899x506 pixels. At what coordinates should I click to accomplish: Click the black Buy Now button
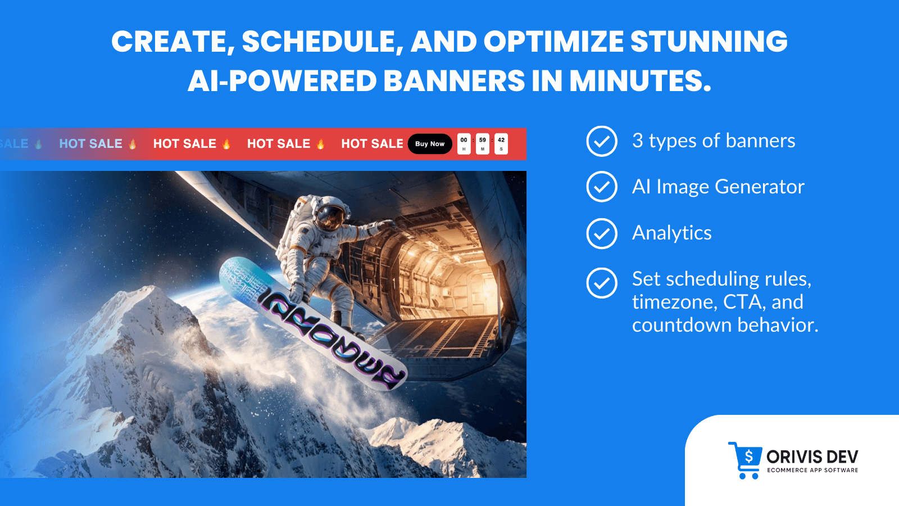[430, 144]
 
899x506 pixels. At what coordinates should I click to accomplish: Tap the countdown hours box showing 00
[464, 144]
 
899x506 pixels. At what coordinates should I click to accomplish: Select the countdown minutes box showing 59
[483, 144]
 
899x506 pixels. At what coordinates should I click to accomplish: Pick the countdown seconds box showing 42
[501, 144]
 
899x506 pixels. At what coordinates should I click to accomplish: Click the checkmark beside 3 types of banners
[602, 141]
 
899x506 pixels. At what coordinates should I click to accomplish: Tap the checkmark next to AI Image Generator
[602, 187]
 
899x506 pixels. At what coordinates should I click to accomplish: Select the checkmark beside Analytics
[602, 233]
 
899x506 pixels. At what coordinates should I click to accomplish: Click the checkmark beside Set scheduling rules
[602, 283]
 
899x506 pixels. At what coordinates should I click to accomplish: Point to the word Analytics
[672, 233]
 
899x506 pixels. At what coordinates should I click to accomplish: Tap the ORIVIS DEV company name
[812, 457]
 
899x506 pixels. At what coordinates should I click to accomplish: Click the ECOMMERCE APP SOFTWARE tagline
[812, 471]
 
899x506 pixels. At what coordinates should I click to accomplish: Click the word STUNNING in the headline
[709, 42]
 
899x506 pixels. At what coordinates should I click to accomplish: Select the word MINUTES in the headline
[640, 81]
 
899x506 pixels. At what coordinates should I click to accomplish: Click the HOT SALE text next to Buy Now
[372, 144]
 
